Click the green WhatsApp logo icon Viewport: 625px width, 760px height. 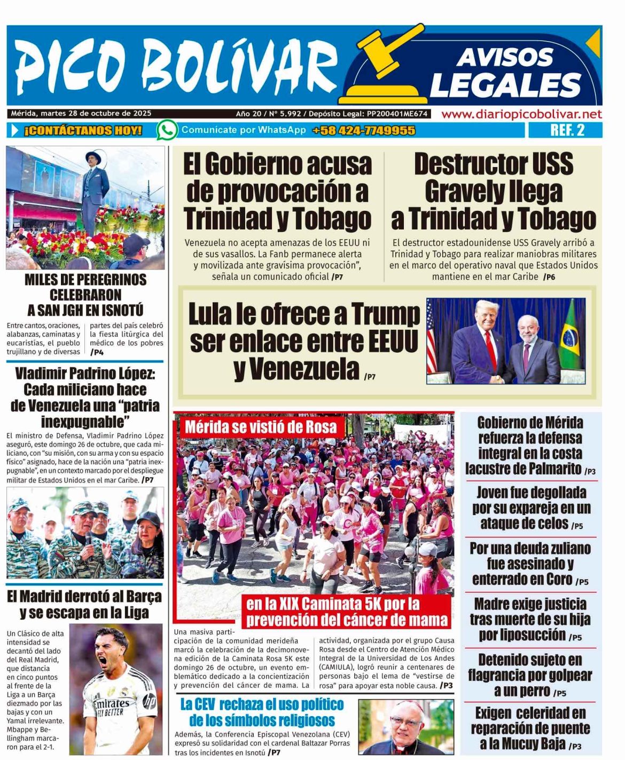[167, 130]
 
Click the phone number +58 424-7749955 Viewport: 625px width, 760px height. [363, 130]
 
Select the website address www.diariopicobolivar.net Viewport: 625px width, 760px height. [521, 114]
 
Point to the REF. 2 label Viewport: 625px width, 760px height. [567, 130]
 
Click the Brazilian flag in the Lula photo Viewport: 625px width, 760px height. [571, 334]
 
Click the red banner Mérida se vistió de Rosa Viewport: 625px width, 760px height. [261, 427]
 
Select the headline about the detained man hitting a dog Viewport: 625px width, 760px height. [529, 675]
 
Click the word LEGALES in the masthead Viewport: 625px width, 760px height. [505, 85]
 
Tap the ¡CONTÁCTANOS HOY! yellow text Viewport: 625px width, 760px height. [83, 130]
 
